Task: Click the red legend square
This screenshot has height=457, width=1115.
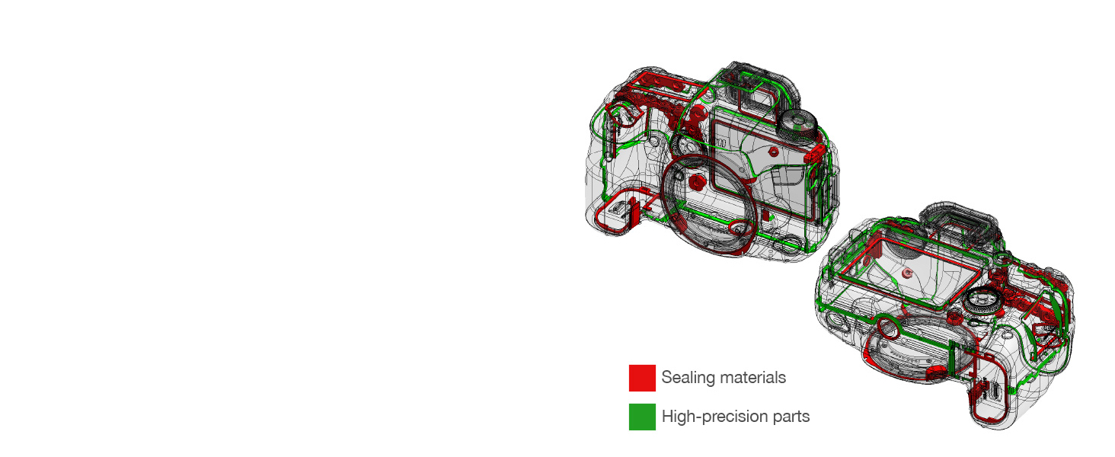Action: (x=642, y=378)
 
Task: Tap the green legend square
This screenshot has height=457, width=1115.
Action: (x=642, y=417)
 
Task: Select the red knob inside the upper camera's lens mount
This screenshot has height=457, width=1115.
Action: (x=696, y=183)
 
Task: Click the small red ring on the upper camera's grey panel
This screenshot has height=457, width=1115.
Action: (x=773, y=152)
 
